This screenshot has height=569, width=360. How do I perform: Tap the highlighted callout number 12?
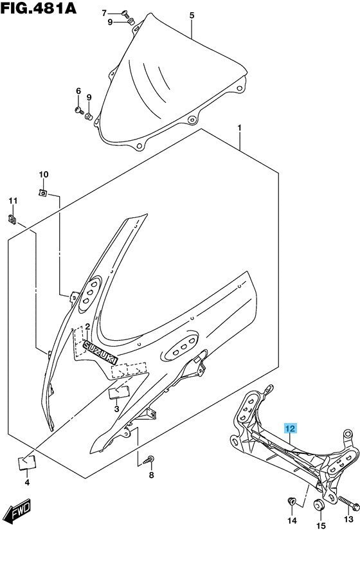click(x=290, y=428)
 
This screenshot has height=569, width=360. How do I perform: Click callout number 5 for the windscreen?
click(x=192, y=15)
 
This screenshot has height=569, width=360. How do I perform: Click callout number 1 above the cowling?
click(x=239, y=128)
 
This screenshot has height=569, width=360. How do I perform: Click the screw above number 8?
click(x=151, y=459)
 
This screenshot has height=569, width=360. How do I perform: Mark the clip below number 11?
click(x=12, y=219)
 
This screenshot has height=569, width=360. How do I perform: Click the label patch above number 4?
click(x=26, y=461)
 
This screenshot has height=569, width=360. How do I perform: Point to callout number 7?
click(x=105, y=13)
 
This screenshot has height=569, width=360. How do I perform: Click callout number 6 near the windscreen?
click(x=78, y=91)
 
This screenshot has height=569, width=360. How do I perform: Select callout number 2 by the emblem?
click(x=87, y=327)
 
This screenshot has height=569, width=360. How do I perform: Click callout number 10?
click(x=43, y=175)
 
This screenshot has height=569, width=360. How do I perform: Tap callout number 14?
click(x=292, y=503)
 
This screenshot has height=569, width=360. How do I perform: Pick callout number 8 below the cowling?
click(x=151, y=476)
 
